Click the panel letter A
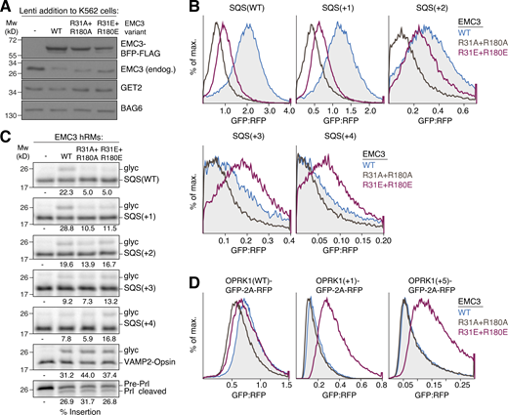tap(7, 8)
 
